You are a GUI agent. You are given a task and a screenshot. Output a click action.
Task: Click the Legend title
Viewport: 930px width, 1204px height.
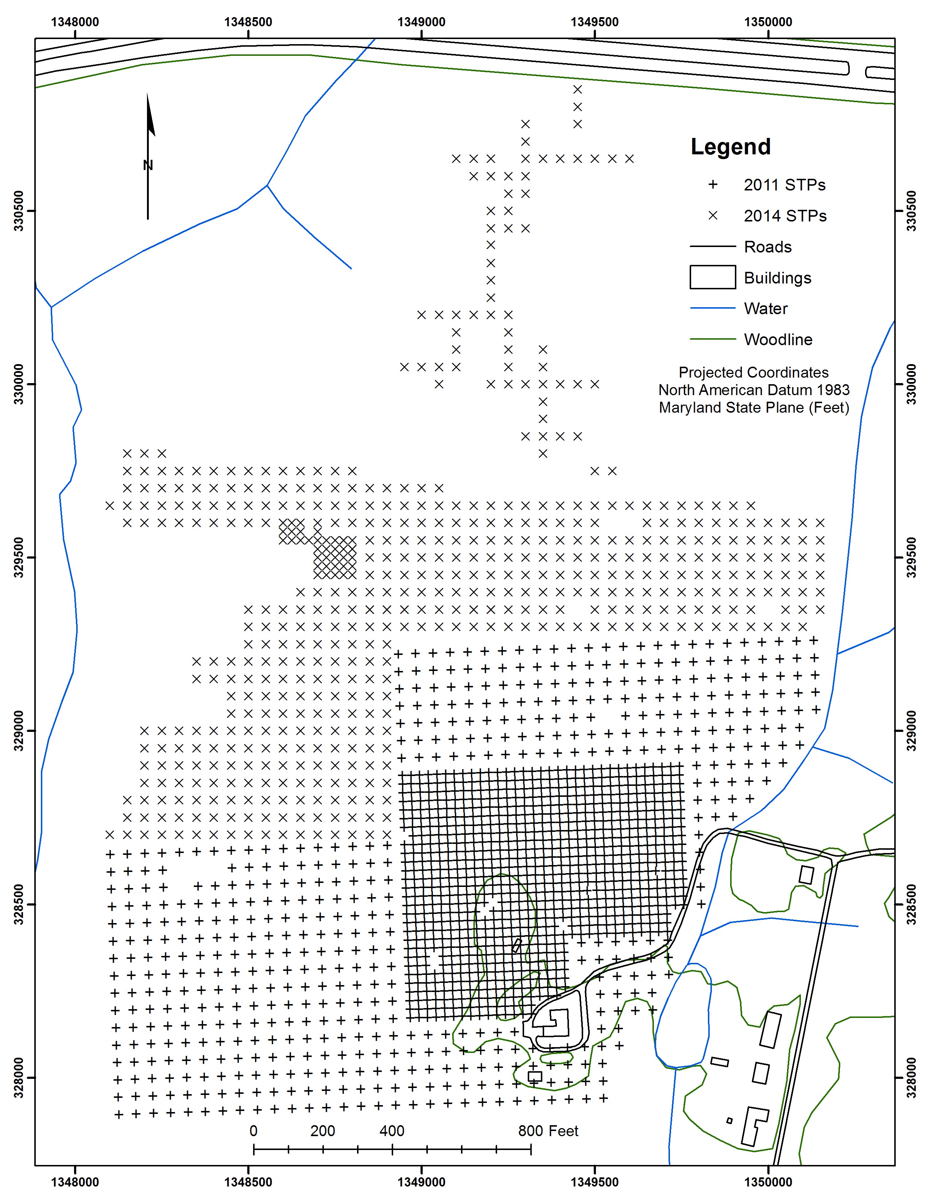point(731,147)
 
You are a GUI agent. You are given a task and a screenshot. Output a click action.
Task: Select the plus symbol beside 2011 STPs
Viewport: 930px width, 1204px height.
point(713,185)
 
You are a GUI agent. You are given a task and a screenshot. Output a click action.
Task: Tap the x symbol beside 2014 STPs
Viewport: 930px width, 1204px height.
point(713,216)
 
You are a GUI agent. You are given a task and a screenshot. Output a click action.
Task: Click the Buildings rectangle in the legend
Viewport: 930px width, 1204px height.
point(712,277)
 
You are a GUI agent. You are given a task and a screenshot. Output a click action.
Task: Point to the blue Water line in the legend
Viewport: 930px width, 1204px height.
point(712,308)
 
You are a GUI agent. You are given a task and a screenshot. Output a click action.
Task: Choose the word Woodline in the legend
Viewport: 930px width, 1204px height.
point(778,340)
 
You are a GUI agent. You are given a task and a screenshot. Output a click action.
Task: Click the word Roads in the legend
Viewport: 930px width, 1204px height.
point(767,247)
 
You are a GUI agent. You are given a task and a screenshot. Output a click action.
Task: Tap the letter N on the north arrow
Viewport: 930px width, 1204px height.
point(148,165)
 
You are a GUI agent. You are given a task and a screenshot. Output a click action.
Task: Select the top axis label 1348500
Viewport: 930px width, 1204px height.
point(248,22)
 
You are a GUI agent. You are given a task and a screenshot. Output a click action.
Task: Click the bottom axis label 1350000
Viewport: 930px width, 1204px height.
point(768,1182)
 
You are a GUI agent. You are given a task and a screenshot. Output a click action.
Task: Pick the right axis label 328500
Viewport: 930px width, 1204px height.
point(911,904)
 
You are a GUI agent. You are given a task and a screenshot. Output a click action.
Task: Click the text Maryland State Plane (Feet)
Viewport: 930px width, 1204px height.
point(754,408)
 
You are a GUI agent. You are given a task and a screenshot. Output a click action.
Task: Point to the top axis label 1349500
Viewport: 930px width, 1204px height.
point(594,22)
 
